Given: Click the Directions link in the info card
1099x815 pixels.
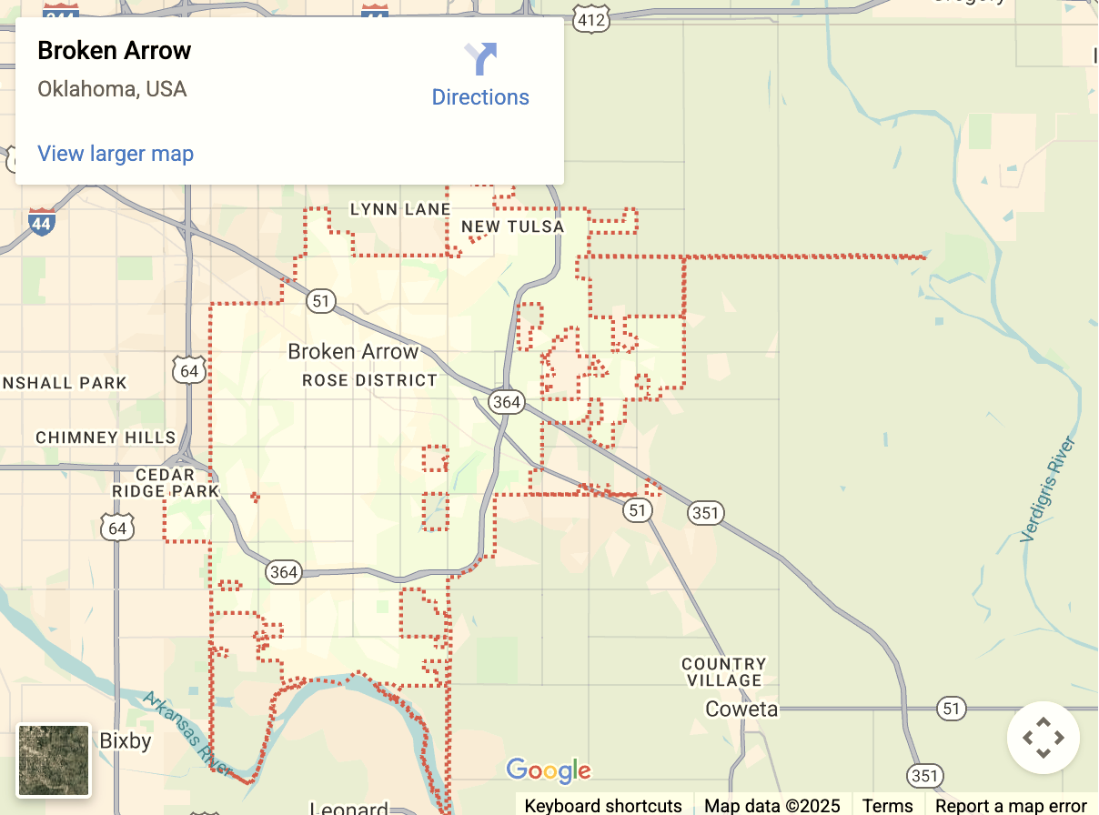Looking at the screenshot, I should click(x=480, y=96).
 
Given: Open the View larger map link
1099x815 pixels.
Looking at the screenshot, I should click(x=116, y=154).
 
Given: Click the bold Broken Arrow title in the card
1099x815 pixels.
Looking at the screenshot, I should click(x=115, y=51).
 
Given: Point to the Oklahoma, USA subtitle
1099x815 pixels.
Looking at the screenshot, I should click(x=112, y=89).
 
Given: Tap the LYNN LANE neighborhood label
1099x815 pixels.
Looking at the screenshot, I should click(x=400, y=209).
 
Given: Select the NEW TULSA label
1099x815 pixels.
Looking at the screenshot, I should click(x=512, y=226).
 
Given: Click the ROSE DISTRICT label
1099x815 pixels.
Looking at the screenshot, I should click(x=369, y=380).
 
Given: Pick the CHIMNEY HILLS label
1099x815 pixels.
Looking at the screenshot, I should click(x=106, y=438).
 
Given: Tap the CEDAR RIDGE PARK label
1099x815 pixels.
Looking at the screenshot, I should click(x=166, y=483).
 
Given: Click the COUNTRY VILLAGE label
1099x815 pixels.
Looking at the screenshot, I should click(x=724, y=672).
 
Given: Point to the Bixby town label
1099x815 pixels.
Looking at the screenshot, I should click(x=126, y=741).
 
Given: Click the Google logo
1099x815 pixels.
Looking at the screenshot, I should click(x=549, y=770).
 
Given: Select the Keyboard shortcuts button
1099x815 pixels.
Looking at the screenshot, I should click(x=603, y=805).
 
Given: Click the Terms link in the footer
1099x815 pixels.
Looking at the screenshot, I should click(x=887, y=805).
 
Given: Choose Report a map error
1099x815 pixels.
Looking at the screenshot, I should click(x=1011, y=805).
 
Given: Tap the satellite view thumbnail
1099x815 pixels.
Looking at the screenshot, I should click(x=55, y=760).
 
